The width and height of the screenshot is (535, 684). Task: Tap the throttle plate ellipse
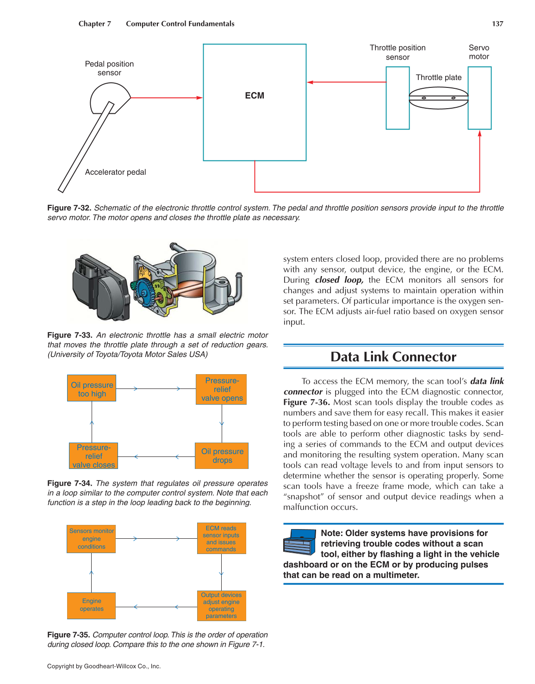tap(439, 98)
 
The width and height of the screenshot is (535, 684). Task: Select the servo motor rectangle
tap(479, 98)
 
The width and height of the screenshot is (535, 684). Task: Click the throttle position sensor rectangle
tap(398, 98)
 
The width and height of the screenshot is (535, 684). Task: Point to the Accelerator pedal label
tap(115, 172)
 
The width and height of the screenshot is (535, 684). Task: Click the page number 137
tap(498, 24)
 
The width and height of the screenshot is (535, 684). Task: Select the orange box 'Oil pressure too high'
tap(92, 388)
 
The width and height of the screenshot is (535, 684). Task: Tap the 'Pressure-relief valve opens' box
tap(222, 389)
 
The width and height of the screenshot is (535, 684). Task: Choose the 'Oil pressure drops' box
tap(222, 456)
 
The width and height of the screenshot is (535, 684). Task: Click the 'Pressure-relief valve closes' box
tap(93, 456)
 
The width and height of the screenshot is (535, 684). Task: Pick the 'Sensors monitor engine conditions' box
tap(92, 539)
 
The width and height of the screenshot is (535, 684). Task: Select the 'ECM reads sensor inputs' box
tap(221, 538)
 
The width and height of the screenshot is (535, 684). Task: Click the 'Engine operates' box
tap(92, 605)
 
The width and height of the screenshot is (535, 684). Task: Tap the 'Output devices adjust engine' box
tap(221, 605)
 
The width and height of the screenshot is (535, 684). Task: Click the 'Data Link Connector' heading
tap(393, 357)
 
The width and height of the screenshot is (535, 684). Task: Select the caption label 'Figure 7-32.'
tap(69, 208)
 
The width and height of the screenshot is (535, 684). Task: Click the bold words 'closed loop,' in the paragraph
tap(339, 280)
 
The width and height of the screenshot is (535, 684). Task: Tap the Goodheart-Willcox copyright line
tap(104, 666)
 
